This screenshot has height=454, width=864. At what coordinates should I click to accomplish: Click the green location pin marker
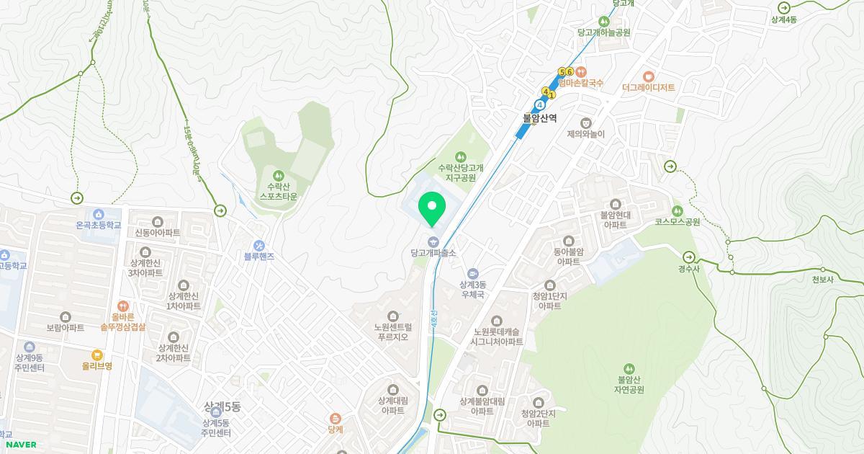(432, 208)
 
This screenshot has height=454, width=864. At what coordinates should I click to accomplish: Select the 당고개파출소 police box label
(433, 253)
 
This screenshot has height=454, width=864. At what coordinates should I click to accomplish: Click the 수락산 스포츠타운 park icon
(278, 175)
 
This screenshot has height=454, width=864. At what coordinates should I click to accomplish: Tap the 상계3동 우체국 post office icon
(472, 274)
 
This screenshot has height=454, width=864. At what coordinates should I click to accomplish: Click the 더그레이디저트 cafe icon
(648, 76)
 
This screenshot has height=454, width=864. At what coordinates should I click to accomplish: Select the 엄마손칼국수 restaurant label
(580, 84)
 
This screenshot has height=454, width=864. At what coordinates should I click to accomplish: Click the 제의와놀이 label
(585, 134)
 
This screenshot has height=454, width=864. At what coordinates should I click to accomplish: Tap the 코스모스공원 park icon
(677, 210)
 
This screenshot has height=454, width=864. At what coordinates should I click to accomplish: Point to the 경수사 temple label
(688, 270)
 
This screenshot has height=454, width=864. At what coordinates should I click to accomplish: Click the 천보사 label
(822, 280)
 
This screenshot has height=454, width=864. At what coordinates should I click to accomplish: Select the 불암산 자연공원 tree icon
(629, 369)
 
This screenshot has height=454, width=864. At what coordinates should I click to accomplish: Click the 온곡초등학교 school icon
(98, 214)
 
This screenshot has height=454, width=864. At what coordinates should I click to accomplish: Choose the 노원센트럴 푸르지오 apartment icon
(392, 316)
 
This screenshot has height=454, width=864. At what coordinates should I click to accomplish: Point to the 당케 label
(335, 429)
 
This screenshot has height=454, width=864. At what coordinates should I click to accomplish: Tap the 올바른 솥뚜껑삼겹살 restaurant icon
(122, 306)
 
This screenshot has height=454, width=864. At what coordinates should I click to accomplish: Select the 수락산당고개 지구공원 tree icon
(461, 156)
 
